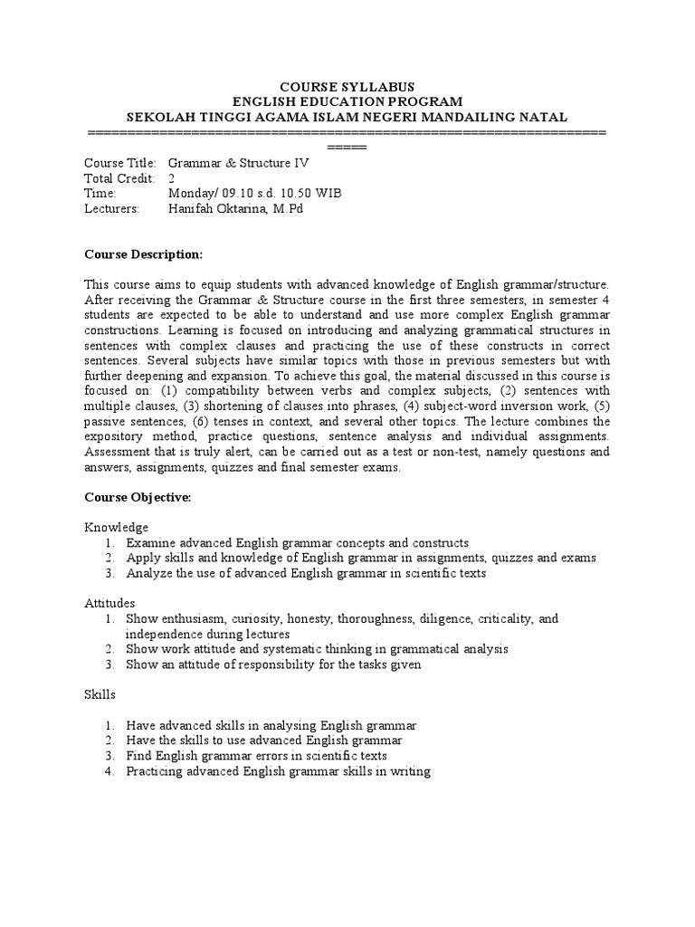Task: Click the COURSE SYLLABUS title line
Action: (347, 85)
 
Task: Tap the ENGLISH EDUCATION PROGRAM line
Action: (347, 100)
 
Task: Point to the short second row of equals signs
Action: (347, 147)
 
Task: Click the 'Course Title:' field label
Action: (120, 163)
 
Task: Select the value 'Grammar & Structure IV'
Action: (239, 163)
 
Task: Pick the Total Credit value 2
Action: (172, 178)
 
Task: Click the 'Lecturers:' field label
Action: (112, 209)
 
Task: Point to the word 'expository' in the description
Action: (114, 437)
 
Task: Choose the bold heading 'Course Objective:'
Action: (138, 497)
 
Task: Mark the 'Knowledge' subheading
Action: (117, 527)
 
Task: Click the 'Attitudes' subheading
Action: (110, 602)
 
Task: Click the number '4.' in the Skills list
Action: (108, 771)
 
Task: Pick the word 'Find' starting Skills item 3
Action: (139, 756)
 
